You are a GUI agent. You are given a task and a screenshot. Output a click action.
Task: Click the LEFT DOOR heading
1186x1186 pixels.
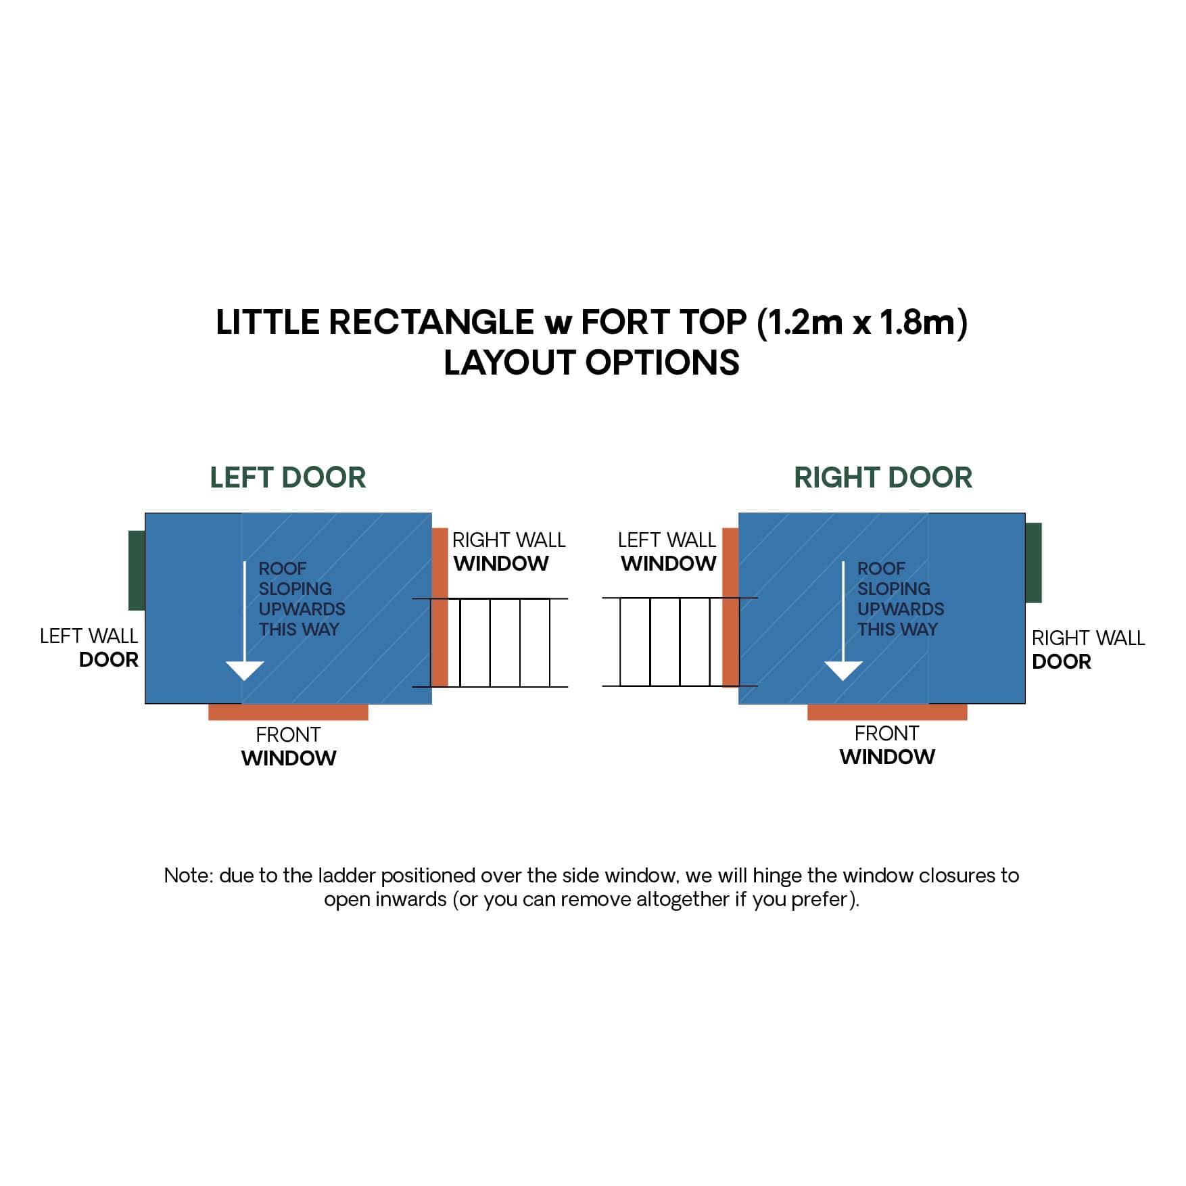(287, 477)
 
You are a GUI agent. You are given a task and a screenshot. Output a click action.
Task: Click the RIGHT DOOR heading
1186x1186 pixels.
(882, 477)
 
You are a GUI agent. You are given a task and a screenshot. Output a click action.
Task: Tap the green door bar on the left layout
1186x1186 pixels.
(137, 570)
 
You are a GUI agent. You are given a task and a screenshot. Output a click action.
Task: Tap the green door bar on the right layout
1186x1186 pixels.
(1033, 562)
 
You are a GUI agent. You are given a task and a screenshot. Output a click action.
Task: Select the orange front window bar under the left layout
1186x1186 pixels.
(288, 712)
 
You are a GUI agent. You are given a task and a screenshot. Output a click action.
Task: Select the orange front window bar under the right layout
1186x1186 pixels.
(886, 712)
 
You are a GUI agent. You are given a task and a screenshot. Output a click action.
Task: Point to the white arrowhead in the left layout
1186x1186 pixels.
(244, 670)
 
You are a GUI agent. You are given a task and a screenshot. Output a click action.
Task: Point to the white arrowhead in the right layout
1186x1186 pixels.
(843, 670)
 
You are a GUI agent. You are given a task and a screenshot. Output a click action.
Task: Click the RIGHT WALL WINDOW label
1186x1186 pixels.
(508, 552)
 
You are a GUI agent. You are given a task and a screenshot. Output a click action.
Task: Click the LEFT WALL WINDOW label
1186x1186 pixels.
(667, 552)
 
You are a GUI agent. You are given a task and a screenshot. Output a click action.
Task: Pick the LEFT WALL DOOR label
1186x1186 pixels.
(89, 648)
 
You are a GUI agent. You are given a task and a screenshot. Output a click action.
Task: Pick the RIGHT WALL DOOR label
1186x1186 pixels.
(1087, 649)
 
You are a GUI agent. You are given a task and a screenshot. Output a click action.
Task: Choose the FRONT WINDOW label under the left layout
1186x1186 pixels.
(289, 746)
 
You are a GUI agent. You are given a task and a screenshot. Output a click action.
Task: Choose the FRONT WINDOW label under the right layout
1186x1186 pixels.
(887, 745)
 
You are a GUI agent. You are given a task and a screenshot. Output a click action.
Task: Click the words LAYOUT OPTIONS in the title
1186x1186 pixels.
(592, 362)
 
